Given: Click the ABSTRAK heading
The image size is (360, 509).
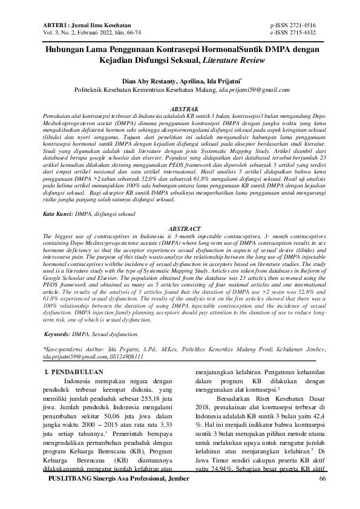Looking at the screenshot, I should tap(180, 107).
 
